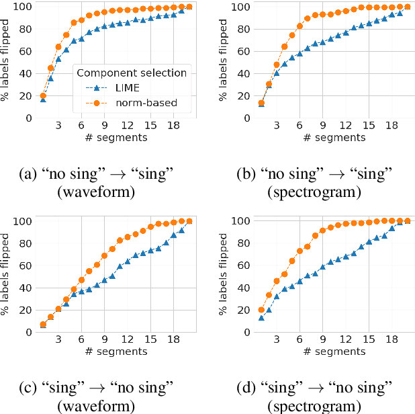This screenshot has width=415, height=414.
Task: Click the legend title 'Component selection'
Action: tap(131, 73)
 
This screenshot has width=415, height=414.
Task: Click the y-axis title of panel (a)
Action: tap(6, 62)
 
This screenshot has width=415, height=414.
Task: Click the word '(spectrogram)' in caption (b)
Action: tap(314, 193)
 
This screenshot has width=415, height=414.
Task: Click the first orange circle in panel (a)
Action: tap(43, 95)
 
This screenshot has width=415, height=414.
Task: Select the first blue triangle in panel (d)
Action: tap(261, 317)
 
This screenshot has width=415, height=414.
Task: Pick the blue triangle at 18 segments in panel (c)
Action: tap(173, 235)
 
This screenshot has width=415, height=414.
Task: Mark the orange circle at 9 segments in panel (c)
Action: tap(104, 255)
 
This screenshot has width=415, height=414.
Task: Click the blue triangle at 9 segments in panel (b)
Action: tap(323, 42)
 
